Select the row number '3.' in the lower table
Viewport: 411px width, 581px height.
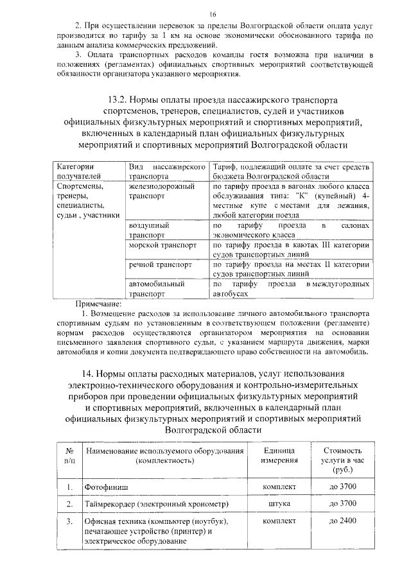pos(69,521)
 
